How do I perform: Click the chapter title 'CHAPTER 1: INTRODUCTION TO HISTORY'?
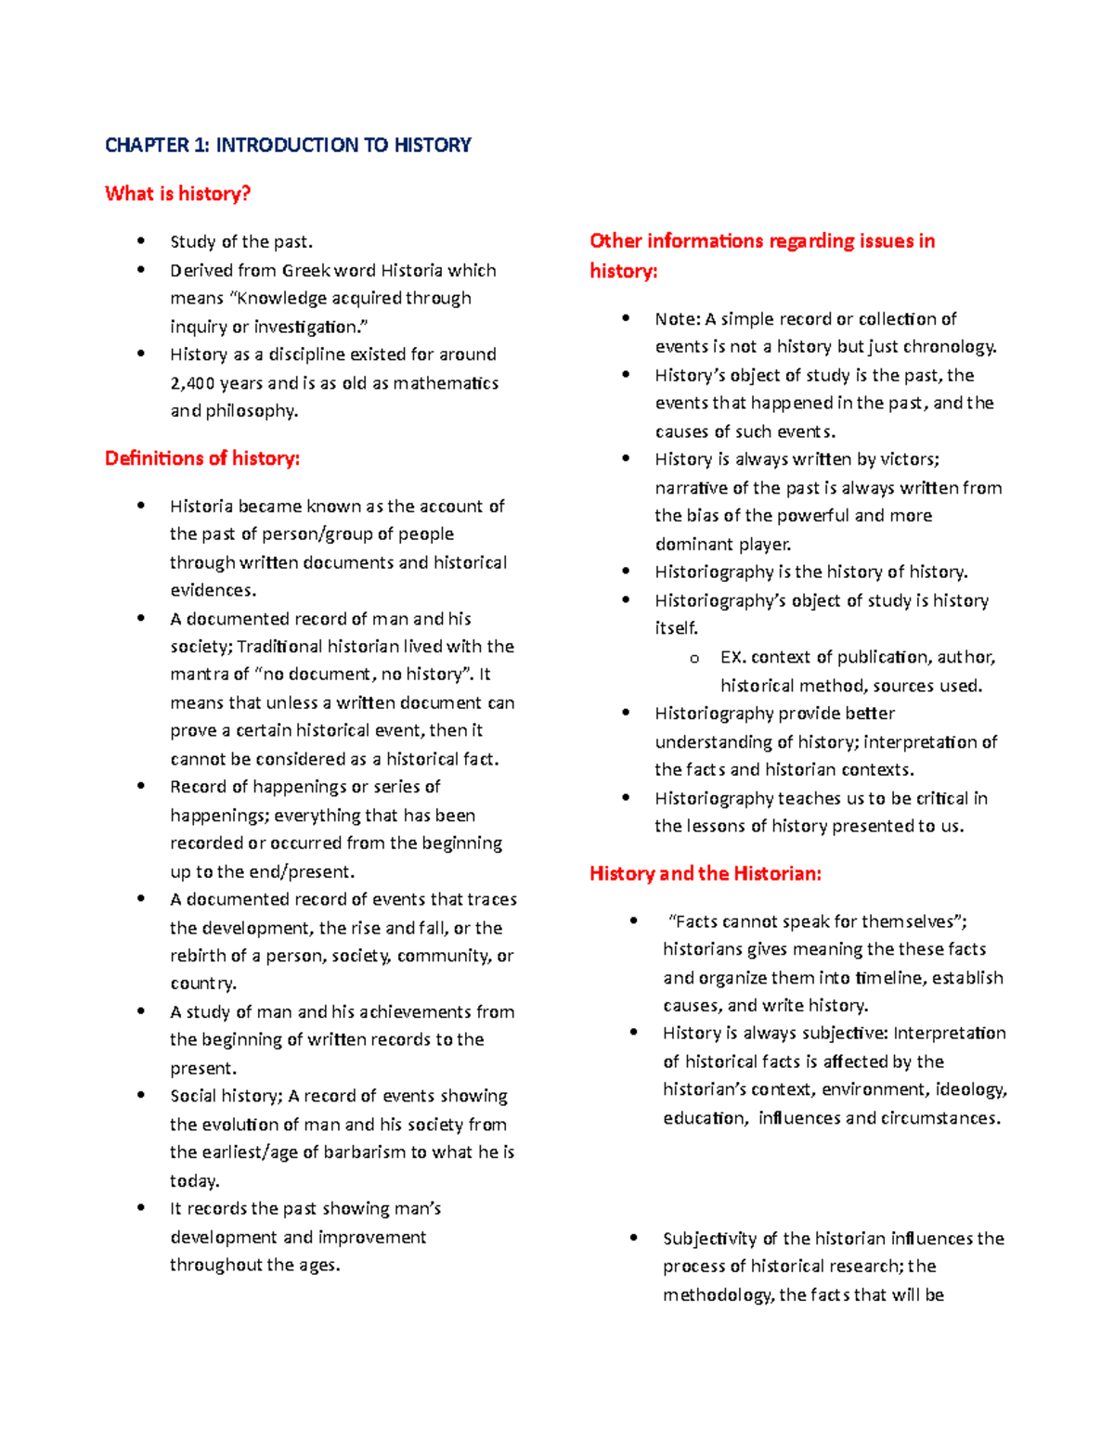[x=288, y=145]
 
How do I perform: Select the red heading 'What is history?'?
[x=177, y=193]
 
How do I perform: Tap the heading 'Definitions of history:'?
[x=201, y=458]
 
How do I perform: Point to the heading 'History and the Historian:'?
[x=705, y=873]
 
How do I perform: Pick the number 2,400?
[x=192, y=383]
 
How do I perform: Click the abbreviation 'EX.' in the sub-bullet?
[x=732, y=658]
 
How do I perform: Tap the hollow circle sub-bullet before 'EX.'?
[x=693, y=659]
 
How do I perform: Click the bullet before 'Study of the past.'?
[x=141, y=241]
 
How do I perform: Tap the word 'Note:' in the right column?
[x=677, y=319]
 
